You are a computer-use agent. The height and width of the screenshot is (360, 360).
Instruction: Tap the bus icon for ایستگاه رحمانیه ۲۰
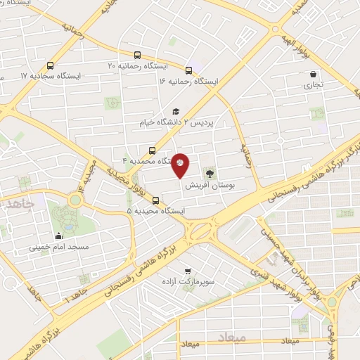[x=139, y=54]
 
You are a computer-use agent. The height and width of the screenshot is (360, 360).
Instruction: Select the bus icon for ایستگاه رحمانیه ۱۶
[x=189, y=70]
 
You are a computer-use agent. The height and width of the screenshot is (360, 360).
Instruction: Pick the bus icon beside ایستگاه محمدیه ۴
[x=153, y=150]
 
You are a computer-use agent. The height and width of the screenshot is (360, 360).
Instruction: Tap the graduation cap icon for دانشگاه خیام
[x=176, y=111]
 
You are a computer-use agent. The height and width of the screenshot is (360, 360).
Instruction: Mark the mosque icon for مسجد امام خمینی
[x=59, y=236]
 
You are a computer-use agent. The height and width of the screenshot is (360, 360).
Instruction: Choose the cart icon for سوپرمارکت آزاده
[x=187, y=271]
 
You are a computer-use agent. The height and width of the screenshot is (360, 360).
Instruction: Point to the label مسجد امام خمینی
[x=59, y=247]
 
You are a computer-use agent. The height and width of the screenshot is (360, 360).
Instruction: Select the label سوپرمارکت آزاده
[x=187, y=281]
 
